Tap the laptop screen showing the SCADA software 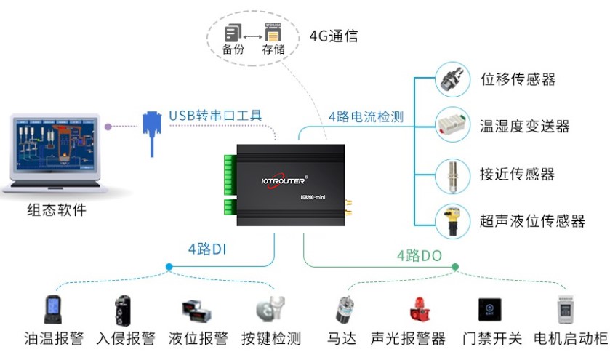[55, 145]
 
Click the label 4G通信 [334, 36]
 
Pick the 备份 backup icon [233, 33]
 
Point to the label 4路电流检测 [366, 116]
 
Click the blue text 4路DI [208, 249]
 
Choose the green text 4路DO [420, 255]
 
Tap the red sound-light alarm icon [418, 309]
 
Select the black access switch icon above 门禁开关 [489, 310]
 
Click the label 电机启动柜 [570, 338]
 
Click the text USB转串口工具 [215, 115]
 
